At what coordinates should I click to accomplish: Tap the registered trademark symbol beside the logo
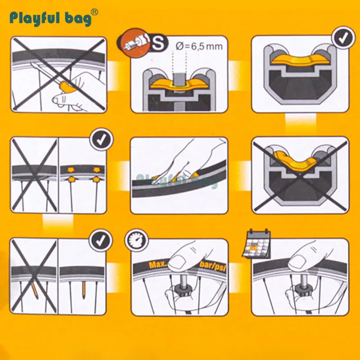(94, 12)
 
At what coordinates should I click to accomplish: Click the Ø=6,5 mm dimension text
(199, 46)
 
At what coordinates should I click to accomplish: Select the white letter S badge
(158, 44)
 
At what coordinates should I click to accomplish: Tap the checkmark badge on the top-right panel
(343, 38)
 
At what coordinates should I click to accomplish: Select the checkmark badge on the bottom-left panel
(100, 241)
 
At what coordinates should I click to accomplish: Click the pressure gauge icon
(137, 240)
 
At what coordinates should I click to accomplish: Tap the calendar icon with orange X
(256, 244)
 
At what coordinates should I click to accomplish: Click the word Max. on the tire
(158, 265)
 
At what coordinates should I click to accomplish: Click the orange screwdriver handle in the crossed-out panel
(67, 87)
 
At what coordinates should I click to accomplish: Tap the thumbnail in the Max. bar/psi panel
(178, 262)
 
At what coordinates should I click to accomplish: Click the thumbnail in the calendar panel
(297, 262)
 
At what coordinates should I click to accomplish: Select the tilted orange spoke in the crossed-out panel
(35, 291)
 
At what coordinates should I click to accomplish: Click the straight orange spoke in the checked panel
(84, 289)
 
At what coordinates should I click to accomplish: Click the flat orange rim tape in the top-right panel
(300, 59)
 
